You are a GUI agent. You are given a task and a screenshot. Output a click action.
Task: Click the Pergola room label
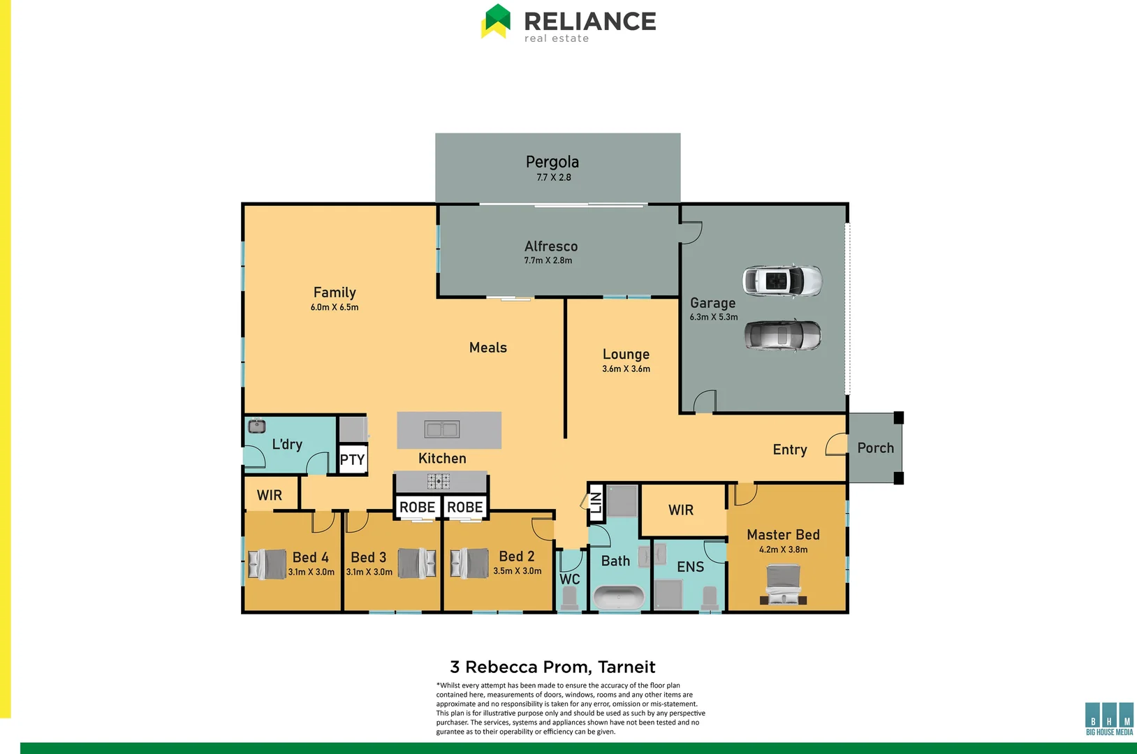(552, 162)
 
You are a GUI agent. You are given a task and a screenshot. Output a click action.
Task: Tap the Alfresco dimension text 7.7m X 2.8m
(548, 260)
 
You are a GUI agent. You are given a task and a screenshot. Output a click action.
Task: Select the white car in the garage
(782, 281)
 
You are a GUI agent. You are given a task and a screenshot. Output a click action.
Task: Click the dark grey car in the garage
(782, 336)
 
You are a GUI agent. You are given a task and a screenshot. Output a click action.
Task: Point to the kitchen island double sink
(442, 429)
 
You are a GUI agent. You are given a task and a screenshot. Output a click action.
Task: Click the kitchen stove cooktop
(439, 481)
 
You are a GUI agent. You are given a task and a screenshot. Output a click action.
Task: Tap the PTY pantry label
(352, 459)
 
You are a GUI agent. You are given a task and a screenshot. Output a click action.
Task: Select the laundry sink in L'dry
(257, 426)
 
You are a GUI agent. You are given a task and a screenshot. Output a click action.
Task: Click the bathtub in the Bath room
(619, 598)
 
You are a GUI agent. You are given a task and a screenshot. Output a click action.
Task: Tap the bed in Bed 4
(267, 563)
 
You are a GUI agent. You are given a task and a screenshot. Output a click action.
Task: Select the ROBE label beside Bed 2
(464, 508)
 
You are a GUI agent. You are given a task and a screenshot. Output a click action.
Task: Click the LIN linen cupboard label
(596, 502)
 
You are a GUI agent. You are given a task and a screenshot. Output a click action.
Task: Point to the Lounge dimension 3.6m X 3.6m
(626, 369)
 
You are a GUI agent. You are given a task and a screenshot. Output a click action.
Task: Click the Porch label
(875, 448)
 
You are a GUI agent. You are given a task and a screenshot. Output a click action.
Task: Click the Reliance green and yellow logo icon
(496, 21)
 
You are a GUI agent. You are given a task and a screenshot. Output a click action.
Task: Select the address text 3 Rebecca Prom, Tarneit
(552, 667)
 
